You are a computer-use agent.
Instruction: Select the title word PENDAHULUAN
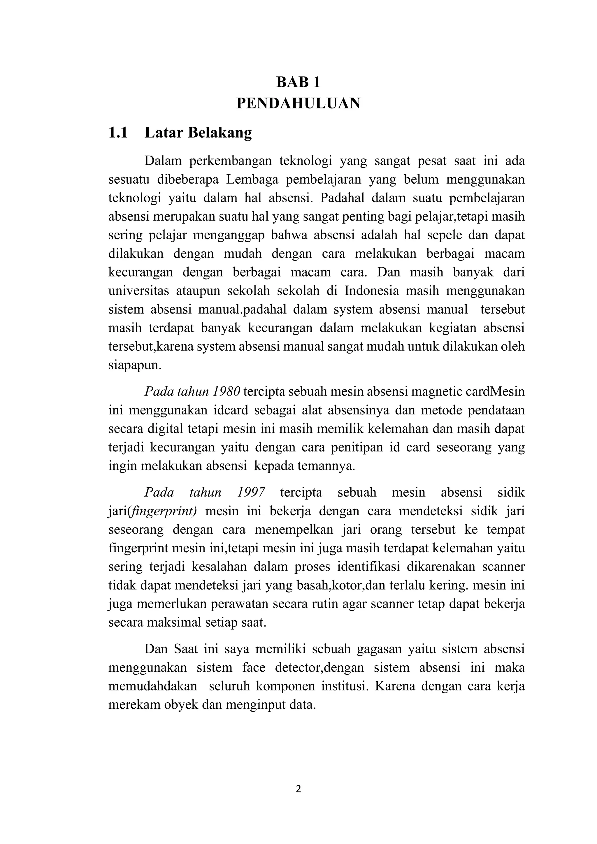click(298, 103)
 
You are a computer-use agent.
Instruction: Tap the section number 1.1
click(118, 133)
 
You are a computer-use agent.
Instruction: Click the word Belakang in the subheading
click(220, 133)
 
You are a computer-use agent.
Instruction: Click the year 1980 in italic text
click(226, 391)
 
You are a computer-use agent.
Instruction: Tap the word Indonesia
click(371, 291)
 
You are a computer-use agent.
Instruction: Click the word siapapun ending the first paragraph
click(135, 366)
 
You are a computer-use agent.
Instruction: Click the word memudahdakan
click(152, 686)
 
